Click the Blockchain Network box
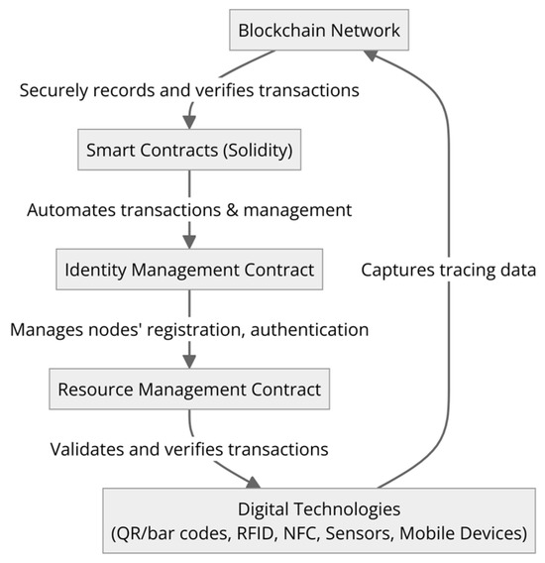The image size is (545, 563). point(318,30)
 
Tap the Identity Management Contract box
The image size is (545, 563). point(188,269)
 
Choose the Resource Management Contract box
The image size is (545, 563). point(188,389)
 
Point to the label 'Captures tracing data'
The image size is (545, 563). point(448,270)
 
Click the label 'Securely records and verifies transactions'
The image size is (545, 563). point(188,90)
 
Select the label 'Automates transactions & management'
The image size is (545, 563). point(188,210)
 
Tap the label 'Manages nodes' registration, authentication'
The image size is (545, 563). point(188,329)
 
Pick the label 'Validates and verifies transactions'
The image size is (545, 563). point(188,449)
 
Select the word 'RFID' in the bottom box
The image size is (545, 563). point(261,534)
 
